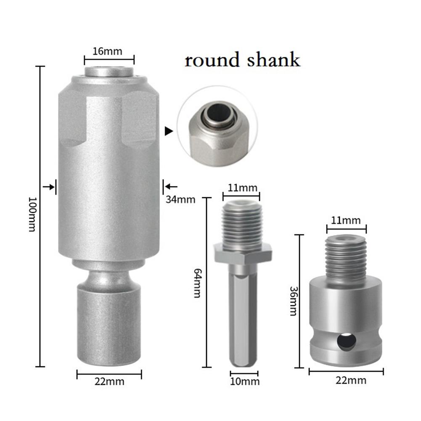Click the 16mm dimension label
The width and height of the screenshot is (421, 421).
pos(108,52)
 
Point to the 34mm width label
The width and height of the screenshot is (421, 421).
pos(180,199)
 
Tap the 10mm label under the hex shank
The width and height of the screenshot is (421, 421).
pos(245,382)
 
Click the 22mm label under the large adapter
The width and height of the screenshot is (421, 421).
pos(109,382)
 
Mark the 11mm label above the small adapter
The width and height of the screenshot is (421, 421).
pos(346,220)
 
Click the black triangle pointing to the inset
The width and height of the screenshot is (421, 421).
pos(169,132)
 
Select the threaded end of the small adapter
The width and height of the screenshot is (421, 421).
pos(346,258)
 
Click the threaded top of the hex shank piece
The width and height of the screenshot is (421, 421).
pos(243,222)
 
